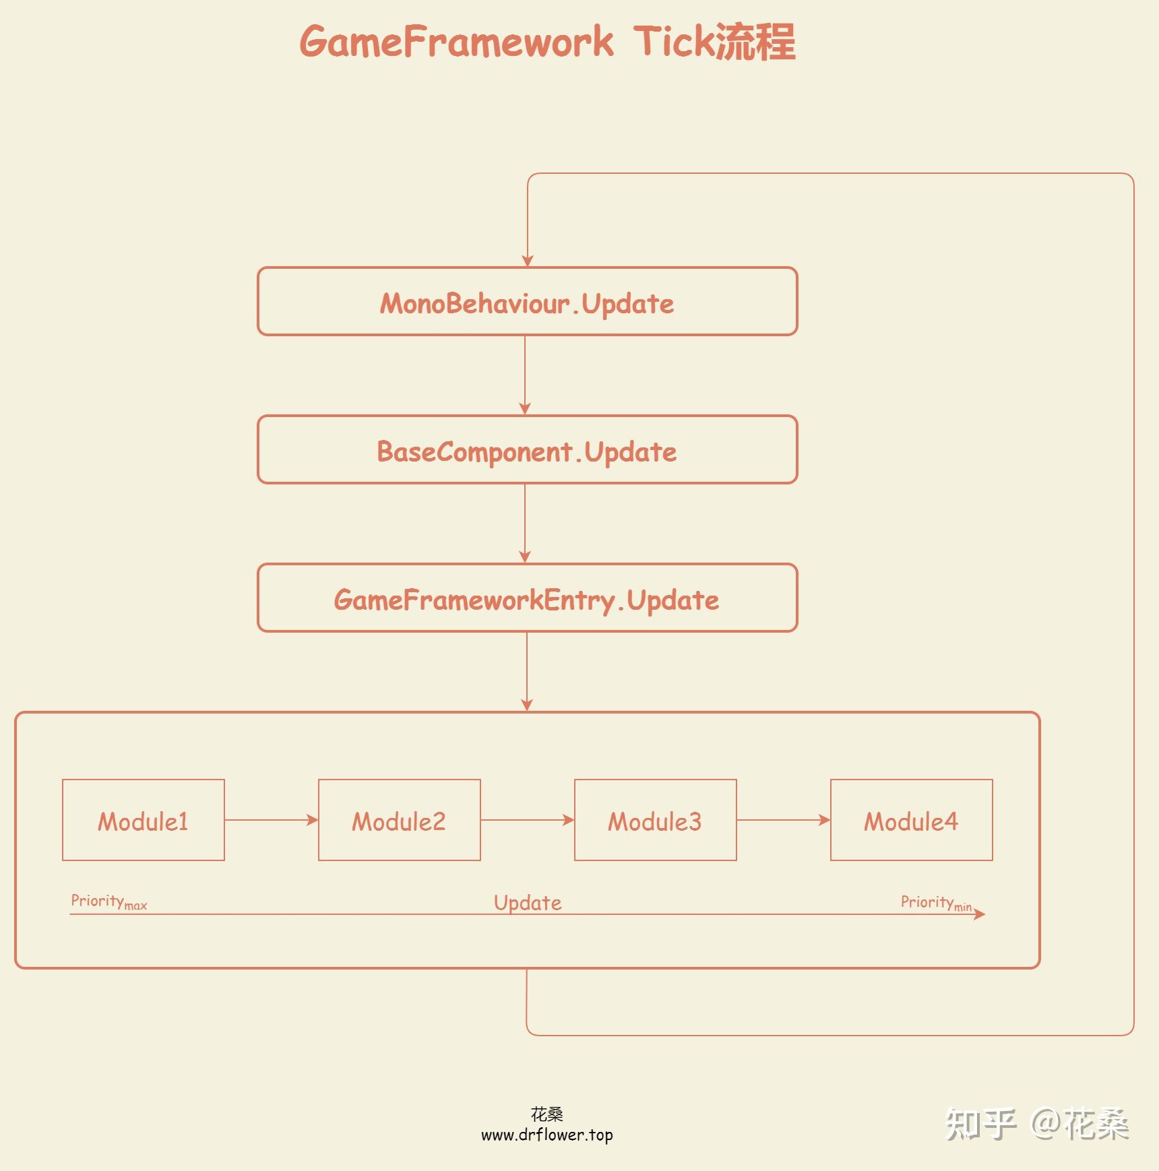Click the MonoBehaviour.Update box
pos(527,302)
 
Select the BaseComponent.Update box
pos(527,450)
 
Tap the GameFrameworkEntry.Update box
pos(527,598)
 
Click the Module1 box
pos(143,820)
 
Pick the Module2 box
pos(399,820)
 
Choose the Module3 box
pos(655,820)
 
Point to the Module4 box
pos(911,820)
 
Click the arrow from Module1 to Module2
pos(271,820)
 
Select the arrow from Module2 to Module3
pos(527,820)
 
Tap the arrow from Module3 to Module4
pos(783,820)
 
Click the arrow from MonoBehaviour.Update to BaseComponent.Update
pos(525,375)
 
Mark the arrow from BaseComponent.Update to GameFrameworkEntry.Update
pos(525,523)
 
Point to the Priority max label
pos(108,901)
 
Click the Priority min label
pos(936,903)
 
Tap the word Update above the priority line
pos(528,903)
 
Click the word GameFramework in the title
pos(456,42)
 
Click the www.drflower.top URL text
pos(546,1135)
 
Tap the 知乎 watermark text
pos(980,1124)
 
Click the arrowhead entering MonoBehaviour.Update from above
pos(528,261)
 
